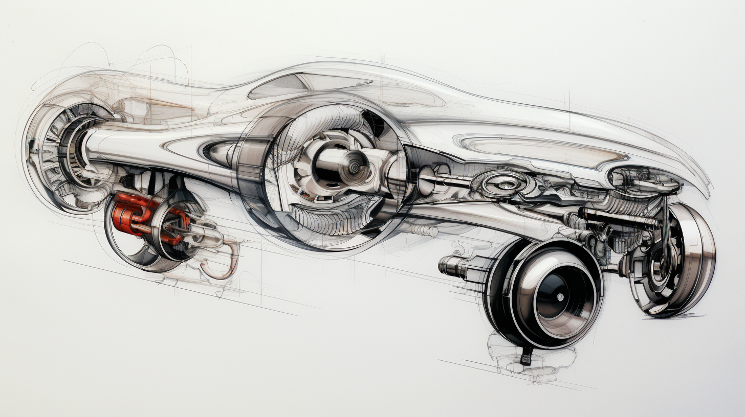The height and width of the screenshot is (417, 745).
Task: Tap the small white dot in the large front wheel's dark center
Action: point(560,296)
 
